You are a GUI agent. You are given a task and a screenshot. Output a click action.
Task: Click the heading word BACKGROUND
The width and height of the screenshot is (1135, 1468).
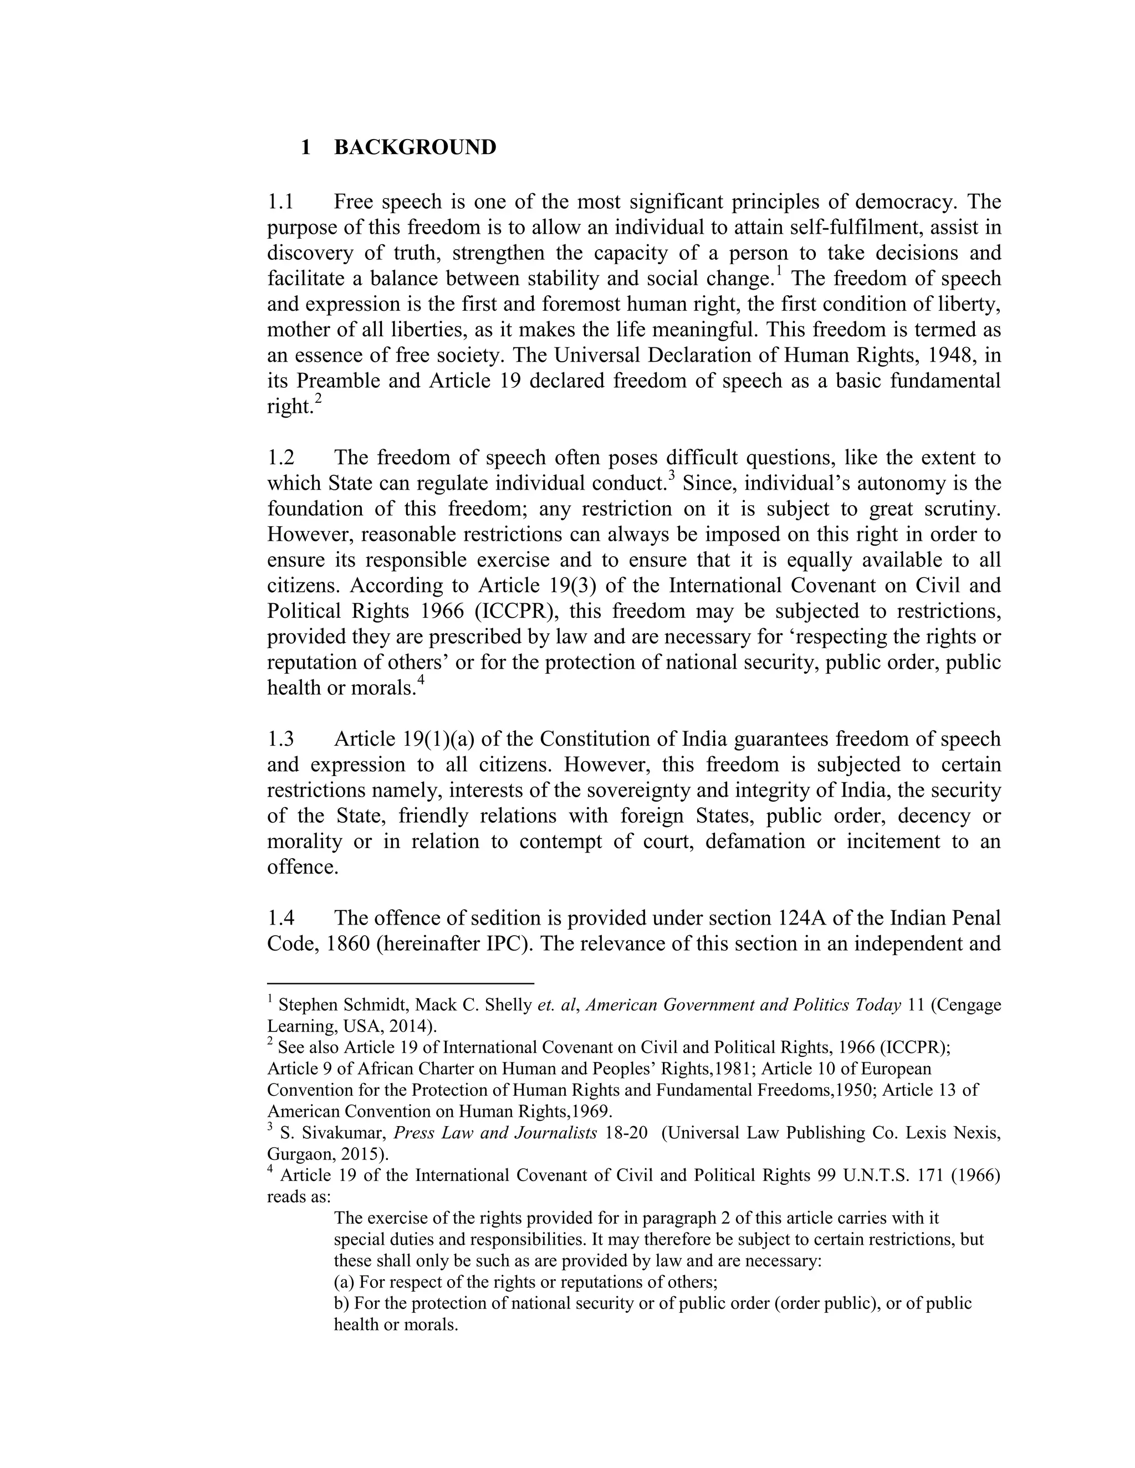(415, 147)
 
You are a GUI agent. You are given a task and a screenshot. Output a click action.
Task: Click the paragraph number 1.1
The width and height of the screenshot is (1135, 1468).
(280, 202)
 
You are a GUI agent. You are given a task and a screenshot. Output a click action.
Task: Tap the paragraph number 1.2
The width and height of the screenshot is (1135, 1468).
(280, 458)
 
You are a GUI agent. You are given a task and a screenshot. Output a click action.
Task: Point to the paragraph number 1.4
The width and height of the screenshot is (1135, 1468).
(280, 918)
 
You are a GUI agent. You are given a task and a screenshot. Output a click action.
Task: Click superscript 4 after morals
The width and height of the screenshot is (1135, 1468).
(421, 681)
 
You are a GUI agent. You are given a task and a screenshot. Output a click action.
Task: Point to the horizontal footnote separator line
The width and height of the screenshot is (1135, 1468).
(400, 983)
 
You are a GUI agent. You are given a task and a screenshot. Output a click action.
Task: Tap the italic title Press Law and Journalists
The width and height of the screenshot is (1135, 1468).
(495, 1133)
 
